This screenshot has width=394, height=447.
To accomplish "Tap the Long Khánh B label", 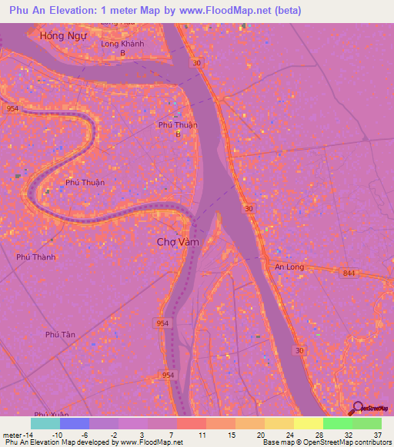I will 122,48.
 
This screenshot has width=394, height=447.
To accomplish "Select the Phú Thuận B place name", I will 178,128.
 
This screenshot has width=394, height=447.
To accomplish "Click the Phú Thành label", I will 35,257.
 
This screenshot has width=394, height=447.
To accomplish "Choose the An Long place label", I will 289,267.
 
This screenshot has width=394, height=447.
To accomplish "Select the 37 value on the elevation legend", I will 377,435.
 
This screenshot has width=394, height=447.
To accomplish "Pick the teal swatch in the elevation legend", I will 45,423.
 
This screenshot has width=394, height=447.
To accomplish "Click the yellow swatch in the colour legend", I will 308,423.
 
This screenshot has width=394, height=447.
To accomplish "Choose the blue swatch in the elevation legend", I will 75,423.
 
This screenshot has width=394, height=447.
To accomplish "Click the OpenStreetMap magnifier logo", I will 356,408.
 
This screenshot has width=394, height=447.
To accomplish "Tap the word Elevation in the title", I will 82,11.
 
